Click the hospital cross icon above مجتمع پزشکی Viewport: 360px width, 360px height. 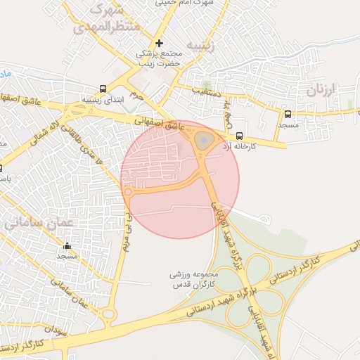(160, 44)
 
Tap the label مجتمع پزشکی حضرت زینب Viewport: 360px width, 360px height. (160, 59)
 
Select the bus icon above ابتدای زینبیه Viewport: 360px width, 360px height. (104, 89)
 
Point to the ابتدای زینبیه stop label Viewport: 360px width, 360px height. (103, 99)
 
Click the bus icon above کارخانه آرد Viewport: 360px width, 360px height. (240, 136)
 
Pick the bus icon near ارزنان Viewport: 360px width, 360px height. (288, 114)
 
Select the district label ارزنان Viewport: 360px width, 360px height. (323, 90)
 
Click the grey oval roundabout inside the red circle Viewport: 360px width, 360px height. (203, 141)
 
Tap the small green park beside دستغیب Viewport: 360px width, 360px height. (206, 84)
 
